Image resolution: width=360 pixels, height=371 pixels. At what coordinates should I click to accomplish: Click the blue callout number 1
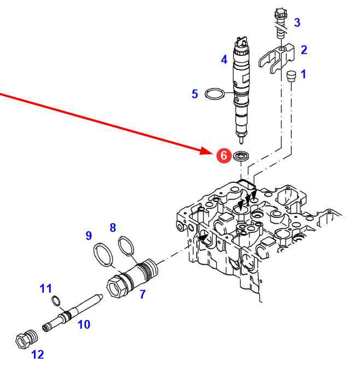304,73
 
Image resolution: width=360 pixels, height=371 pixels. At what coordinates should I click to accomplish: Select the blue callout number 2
304,50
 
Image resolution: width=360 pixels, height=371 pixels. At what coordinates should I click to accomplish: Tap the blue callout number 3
297,22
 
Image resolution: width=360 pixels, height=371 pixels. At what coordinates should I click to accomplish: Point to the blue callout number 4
224,59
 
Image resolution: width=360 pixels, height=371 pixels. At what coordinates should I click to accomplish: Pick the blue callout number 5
195,94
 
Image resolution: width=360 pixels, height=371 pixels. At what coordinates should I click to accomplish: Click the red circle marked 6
223,155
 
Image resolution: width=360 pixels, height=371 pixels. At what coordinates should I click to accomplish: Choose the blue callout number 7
142,294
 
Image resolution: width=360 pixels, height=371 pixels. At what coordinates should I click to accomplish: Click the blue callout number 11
45,288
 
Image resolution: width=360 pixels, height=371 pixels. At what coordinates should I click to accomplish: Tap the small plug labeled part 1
291,76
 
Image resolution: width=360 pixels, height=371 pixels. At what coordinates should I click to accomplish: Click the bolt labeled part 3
279,22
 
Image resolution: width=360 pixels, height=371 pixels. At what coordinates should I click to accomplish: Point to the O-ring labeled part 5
214,94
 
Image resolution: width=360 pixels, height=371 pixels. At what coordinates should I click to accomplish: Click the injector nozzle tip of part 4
241,136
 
